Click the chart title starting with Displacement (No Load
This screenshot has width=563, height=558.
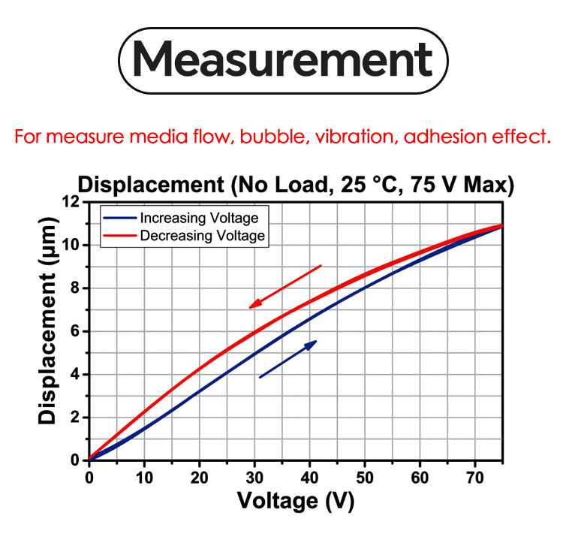pos(296,185)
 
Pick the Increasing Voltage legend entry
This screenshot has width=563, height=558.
pos(199,218)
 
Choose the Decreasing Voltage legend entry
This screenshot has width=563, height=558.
pos(202,236)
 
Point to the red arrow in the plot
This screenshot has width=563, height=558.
pos(285,286)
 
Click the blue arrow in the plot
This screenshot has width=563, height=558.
pos(288,359)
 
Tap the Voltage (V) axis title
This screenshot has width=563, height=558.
pos(295,500)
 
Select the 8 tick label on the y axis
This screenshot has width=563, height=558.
pos(74,288)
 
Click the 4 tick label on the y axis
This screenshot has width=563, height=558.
pos(74,375)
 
